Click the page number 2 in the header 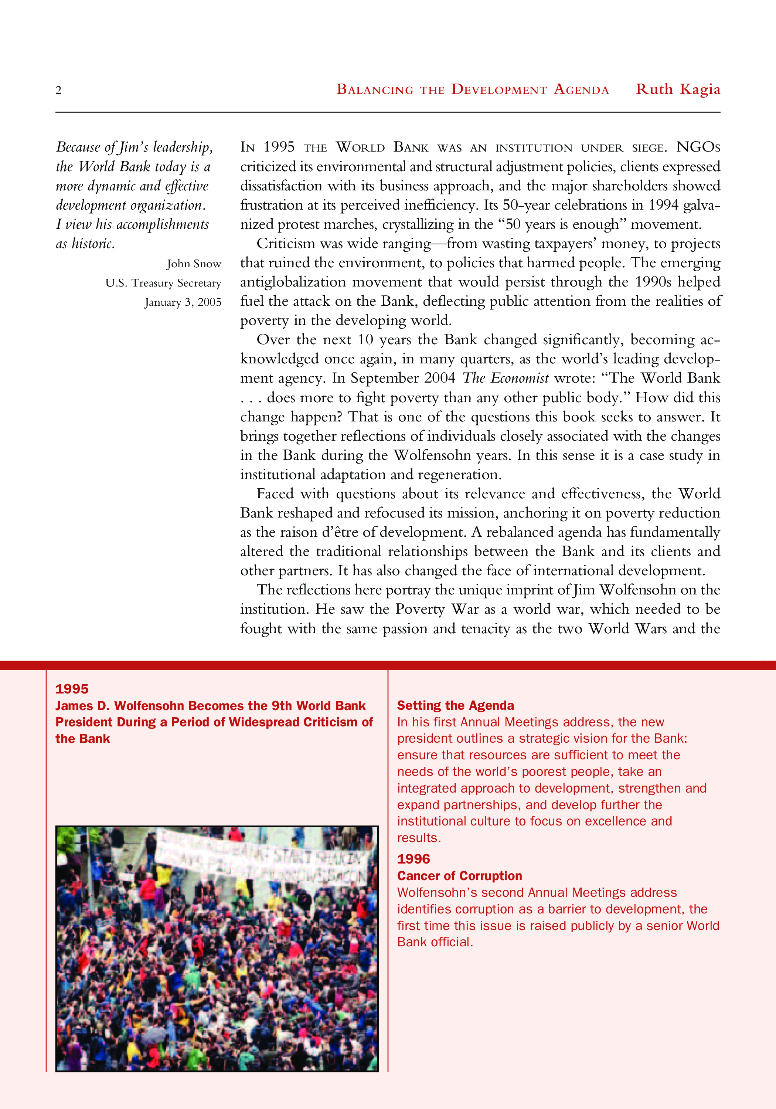tap(58, 90)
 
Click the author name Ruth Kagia tap(677, 89)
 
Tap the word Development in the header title tap(499, 90)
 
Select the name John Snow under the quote tap(194, 264)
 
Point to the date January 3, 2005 tap(183, 302)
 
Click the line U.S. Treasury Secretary tap(163, 283)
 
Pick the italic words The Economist tap(505, 378)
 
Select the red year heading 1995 tap(72, 689)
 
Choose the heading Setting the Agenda tap(455, 706)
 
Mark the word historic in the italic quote tap(93, 244)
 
